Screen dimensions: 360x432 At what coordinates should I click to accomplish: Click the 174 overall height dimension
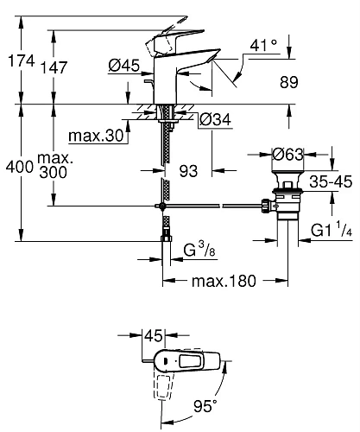coord(21,61)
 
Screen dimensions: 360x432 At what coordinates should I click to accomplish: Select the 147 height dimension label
coord(54,67)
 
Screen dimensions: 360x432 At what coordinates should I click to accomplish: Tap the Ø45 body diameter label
coord(124,66)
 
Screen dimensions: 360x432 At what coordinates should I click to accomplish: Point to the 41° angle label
coord(263,45)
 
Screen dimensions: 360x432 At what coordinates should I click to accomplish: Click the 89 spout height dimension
coord(289,82)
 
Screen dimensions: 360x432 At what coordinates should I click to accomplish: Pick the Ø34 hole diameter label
coord(215,119)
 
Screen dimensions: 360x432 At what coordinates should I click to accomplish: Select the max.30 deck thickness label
coord(96,136)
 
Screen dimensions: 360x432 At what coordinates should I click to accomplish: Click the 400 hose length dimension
coord(20,167)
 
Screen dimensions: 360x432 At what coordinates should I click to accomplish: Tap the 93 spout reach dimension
coord(188,171)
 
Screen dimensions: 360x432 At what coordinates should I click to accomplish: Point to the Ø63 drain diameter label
coord(288,155)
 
